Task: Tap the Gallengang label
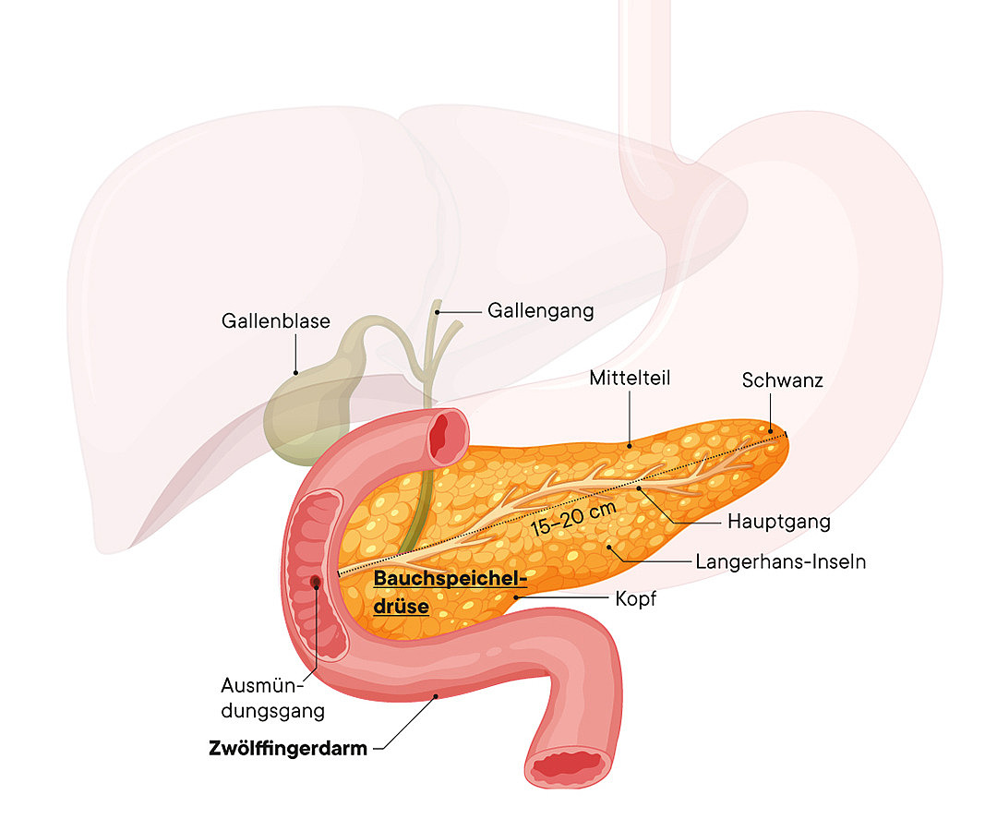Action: (540, 310)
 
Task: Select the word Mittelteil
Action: (630, 378)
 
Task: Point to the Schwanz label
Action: (782, 379)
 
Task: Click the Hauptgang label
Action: (778, 522)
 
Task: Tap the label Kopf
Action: (635, 599)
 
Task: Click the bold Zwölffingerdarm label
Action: (287, 748)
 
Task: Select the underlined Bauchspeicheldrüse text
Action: (450, 592)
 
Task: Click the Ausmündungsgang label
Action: (272, 698)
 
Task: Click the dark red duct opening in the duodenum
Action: (316, 582)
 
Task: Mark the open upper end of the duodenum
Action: (448, 437)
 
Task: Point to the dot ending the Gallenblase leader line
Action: (296, 372)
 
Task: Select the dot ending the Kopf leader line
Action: (515, 597)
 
